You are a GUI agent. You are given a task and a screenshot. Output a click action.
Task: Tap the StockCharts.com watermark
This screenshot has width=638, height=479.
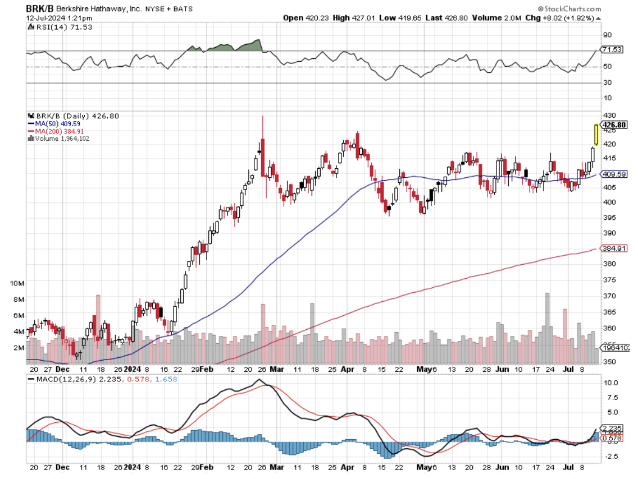click(569, 9)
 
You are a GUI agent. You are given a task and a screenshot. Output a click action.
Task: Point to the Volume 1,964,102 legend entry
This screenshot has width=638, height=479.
click(61, 138)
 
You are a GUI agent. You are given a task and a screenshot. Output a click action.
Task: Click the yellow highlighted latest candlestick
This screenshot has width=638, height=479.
click(596, 135)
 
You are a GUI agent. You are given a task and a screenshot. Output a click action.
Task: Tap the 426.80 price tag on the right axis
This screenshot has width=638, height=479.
click(613, 125)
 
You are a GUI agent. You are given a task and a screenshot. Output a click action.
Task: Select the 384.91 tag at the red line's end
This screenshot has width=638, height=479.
click(613, 248)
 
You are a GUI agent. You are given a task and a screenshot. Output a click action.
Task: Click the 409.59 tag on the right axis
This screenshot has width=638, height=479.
click(613, 174)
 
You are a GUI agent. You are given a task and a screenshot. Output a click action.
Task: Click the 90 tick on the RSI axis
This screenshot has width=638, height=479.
click(607, 35)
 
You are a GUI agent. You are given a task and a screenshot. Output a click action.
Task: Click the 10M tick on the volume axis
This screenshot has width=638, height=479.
click(17, 284)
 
